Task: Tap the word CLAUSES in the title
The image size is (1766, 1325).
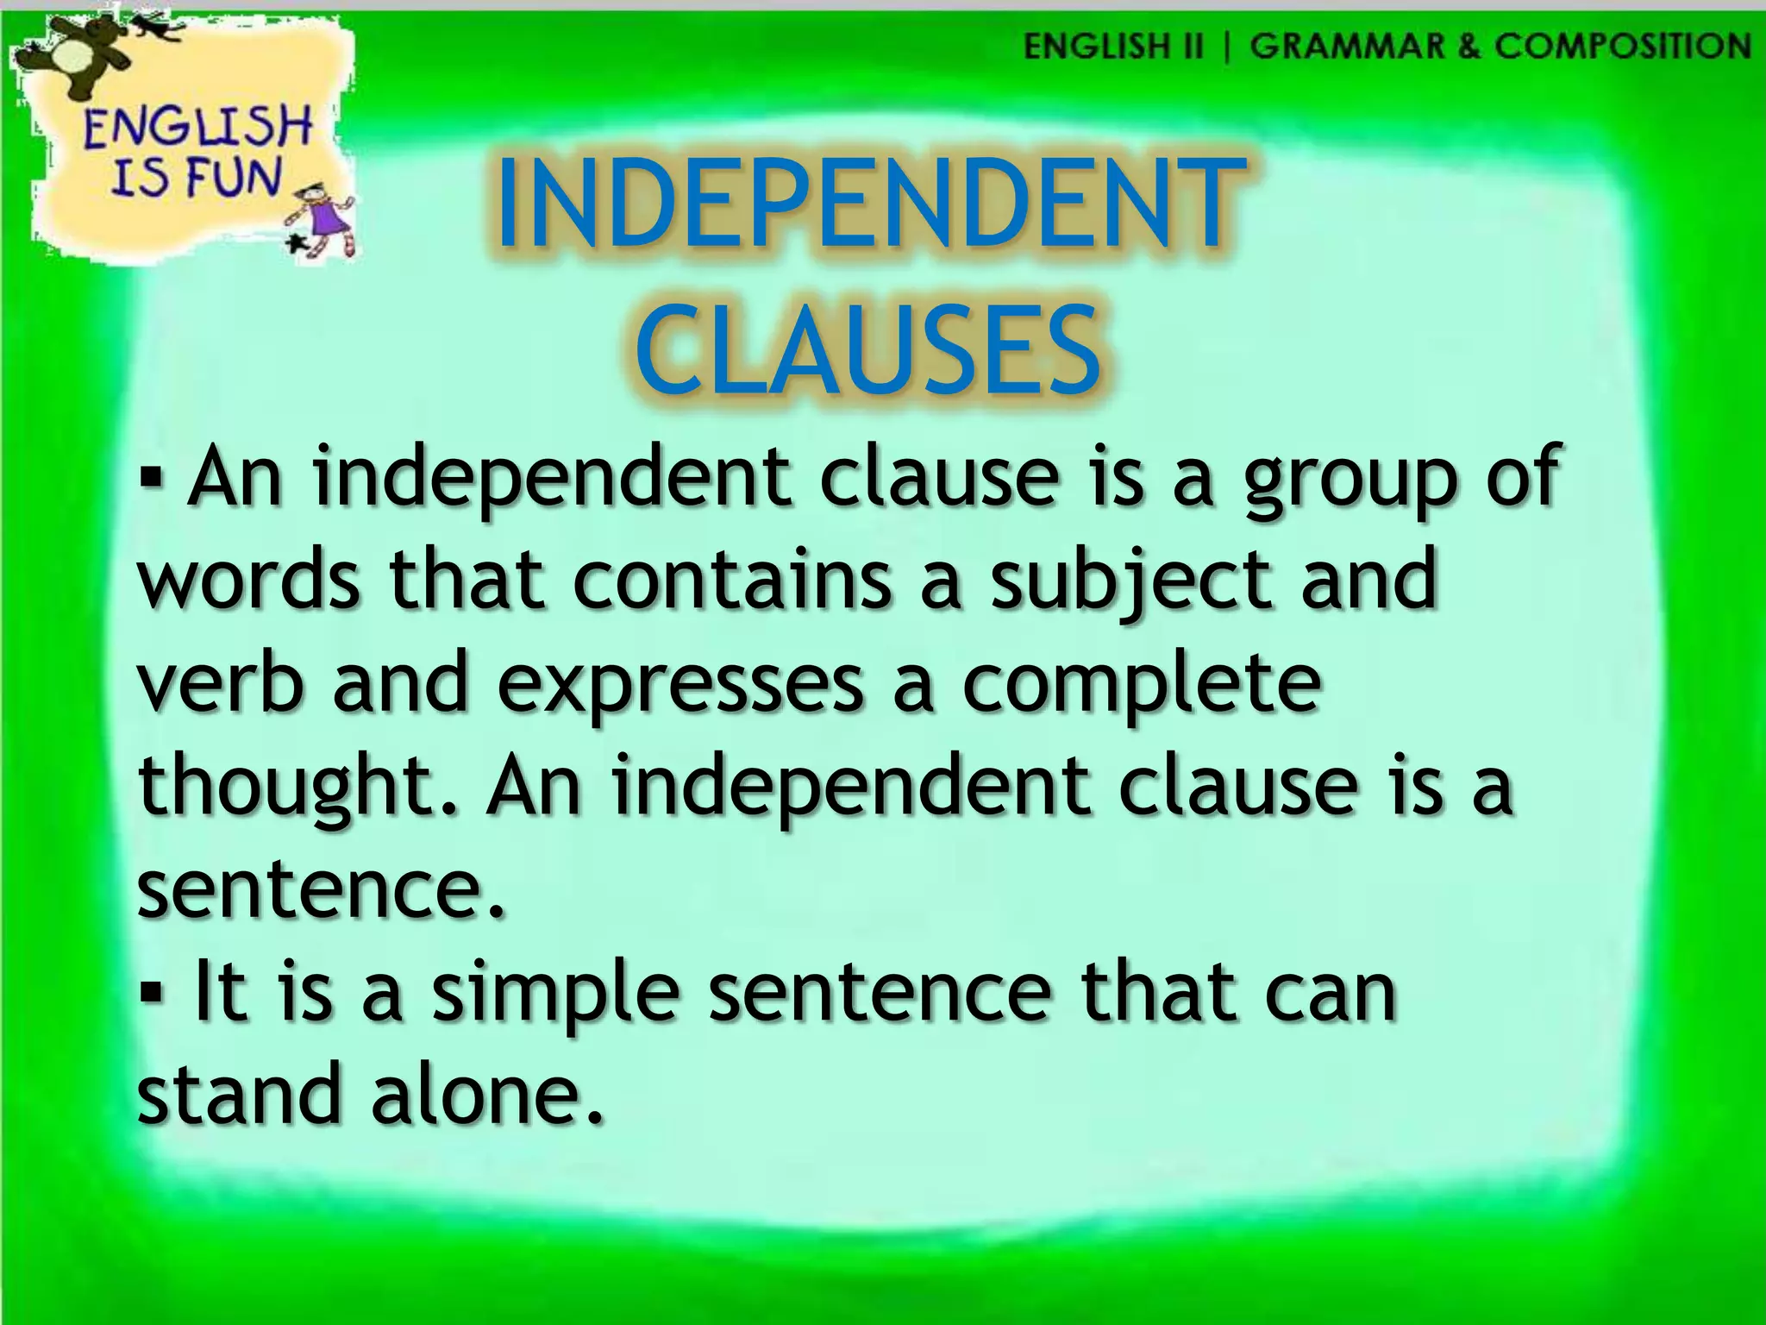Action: tap(869, 351)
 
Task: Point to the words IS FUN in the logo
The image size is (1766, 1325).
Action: tap(197, 178)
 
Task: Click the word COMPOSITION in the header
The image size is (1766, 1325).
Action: tap(1622, 46)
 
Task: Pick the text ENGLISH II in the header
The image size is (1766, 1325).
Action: tap(1112, 46)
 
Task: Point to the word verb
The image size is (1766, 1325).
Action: tap(221, 682)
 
